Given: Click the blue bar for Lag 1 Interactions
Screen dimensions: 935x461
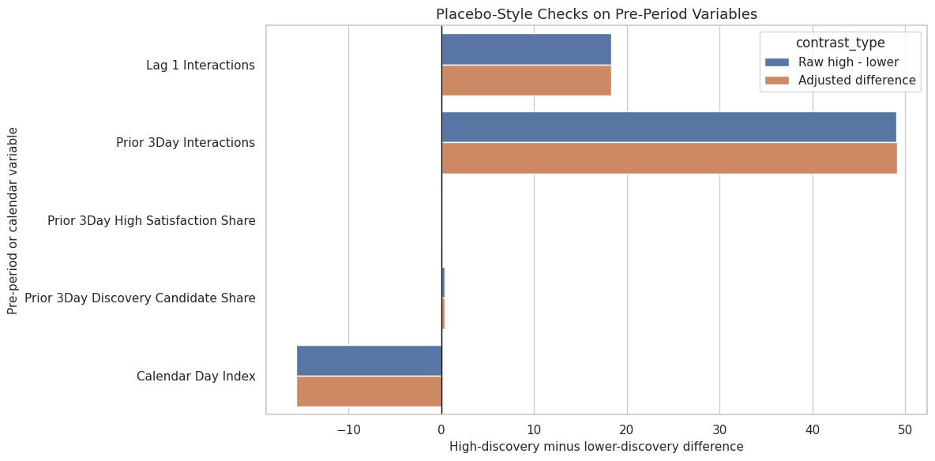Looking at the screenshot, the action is click(x=526, y=50).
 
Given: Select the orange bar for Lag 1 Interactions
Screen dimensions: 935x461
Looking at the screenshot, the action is click(x=526, y=80).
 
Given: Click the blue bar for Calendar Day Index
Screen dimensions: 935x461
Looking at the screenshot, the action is click(x=369, y=361).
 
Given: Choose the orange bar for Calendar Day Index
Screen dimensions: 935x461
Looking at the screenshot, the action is click(x=369, y=392).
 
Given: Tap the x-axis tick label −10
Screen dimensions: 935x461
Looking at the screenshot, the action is click(x=348, y=429).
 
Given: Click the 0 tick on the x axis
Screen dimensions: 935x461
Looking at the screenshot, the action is click(x=441, y=429).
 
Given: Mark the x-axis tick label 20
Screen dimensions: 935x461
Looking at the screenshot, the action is click(x=627, y=429).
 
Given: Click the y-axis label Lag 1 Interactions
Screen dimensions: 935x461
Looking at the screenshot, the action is click(x=201, y=65).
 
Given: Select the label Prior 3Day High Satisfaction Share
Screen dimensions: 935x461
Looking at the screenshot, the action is click(x=152, y=221).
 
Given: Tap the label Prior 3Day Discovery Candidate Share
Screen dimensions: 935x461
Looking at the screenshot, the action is click(x=141, y=298).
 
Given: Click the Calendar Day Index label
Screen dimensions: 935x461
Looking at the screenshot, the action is click(x=196, y=377).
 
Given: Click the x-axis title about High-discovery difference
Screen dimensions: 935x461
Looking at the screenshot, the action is click(x=596, y=447).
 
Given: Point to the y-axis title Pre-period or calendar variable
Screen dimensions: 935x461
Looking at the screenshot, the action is click(x=13, y=221).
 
